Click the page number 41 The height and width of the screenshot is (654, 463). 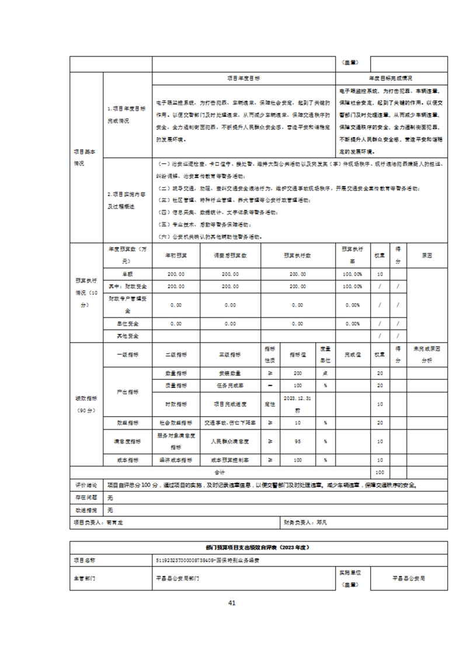point(231,603)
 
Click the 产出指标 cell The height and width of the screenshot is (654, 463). point(127,392)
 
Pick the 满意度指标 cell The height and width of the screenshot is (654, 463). point(127,441)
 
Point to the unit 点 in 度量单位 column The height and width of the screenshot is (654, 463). point(325,373)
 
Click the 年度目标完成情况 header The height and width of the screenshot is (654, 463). point(391,78)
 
